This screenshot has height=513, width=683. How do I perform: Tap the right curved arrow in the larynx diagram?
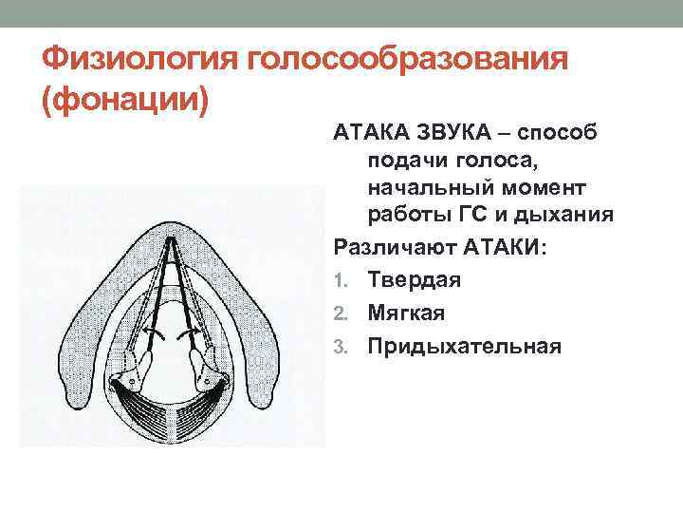pyautogui.click(x=194, y=333)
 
